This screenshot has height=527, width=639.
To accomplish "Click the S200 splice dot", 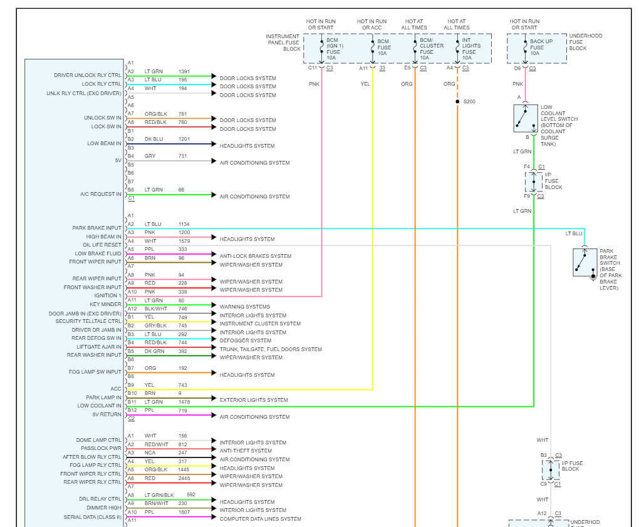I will tap(458, 101).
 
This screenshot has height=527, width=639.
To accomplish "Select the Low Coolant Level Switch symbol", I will tap(524, 118).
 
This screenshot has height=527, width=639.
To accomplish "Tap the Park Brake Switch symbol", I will tap(584, 262).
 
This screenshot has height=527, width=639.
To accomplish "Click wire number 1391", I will tap(185, 71).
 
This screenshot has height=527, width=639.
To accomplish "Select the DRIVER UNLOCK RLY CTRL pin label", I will tap(88, 75).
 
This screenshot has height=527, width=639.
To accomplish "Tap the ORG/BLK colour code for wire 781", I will tap(156, 114).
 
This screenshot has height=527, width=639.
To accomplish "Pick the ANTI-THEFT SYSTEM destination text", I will tap(246, 451).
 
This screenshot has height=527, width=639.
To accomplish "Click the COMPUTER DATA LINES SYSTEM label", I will tap(260, 519).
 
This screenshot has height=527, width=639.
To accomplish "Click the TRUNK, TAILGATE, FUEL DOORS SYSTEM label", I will tap(271, 349).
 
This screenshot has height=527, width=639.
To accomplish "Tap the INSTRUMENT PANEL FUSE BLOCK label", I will tap(283, 43).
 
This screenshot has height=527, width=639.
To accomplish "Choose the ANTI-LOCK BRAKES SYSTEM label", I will tap(255, 256).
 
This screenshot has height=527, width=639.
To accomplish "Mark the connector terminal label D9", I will tap(517, 68).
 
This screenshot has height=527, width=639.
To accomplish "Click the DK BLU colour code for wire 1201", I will tap(154, 139).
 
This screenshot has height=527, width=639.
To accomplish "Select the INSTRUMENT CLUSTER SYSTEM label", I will tap(260, 324).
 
